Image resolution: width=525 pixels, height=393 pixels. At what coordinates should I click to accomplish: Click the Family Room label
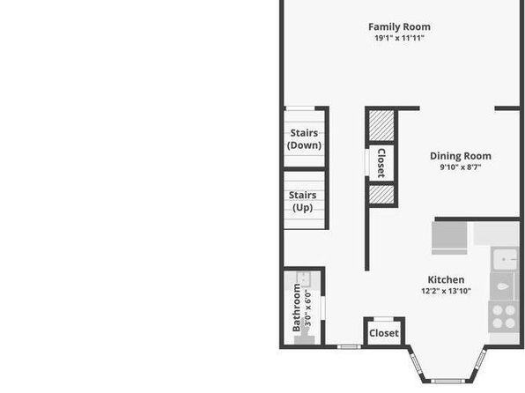[x=399, y=26]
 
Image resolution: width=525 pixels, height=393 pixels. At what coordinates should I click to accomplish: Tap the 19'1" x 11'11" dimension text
[x=399, y=38]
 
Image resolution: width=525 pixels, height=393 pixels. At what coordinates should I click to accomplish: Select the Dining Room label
[x=461, y=156]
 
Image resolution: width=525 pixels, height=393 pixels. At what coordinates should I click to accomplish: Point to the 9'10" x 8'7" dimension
[x=461, y=167]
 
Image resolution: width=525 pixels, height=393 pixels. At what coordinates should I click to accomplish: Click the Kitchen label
[x=446, y=279]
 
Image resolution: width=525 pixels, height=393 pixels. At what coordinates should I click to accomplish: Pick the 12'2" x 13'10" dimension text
[x=446, y=291]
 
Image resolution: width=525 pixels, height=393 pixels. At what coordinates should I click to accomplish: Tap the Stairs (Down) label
[x=304, y=139]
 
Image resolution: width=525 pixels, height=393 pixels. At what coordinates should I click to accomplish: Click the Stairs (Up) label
[x=303, y=202]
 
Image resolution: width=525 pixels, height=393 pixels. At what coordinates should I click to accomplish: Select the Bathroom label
[x=296, y=308]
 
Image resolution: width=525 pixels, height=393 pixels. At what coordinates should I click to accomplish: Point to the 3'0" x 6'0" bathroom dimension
[x=308, y=308]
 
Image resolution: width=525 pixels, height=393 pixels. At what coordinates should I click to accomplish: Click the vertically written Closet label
[x=381, y=163]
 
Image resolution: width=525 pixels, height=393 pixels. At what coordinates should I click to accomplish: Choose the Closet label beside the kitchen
[x=384, y=333]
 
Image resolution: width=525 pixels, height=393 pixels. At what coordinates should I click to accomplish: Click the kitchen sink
[x=505, y=259]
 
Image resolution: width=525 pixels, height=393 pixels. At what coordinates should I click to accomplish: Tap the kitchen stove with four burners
[x=504, y=316]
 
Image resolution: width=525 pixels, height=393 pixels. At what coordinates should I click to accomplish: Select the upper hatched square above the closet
[x=381, y=126]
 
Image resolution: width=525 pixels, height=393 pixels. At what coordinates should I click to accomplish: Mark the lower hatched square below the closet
[x=381, y=195]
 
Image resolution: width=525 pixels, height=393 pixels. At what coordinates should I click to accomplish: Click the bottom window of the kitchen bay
[x=446, y=381]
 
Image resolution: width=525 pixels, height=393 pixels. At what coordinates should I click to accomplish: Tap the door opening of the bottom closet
[x=384, y=319]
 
